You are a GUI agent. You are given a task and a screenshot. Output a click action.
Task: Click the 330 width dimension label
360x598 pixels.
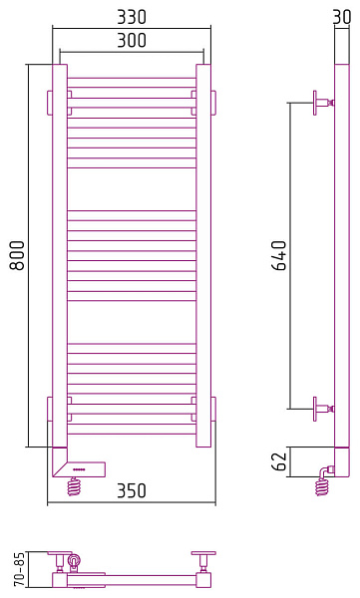click(x=132, y=17)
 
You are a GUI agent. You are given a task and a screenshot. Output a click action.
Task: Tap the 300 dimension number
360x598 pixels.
click(x=132, y=40)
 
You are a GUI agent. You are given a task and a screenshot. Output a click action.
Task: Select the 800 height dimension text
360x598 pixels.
click(x=17, y=255)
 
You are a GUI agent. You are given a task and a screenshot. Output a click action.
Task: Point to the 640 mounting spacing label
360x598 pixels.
click(x=279, y=255)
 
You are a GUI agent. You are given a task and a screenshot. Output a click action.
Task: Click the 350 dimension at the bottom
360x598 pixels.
click(x=132, y=490)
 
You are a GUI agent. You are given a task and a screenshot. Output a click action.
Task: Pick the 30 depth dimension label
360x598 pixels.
click(x=342, y=17)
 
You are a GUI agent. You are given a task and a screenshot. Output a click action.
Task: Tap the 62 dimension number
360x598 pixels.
click(x=279, y=461)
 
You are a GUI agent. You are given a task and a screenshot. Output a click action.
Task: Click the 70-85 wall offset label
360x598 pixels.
click(x=19, y=569)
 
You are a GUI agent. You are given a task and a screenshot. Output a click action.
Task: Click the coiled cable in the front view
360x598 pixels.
click(x=75, y=486)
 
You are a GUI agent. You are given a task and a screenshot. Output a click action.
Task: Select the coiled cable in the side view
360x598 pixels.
click(x=322, y=487)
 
